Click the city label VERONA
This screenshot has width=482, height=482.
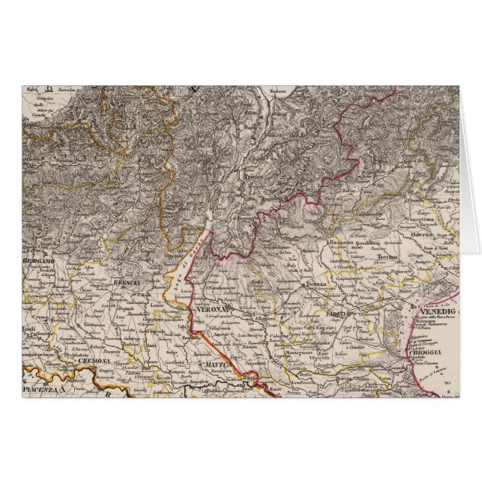point(210,308)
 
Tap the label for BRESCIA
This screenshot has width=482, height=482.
point(123,282)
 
